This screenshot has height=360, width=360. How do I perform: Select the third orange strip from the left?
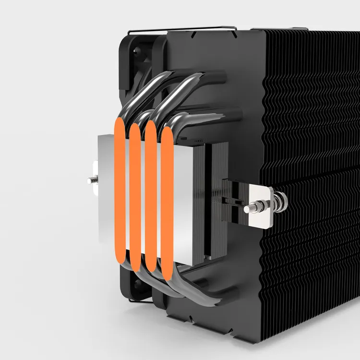pyautogui.click(x=151, y=197)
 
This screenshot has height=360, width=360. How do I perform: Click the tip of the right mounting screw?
pyautogui.click(x=247, y=209)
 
